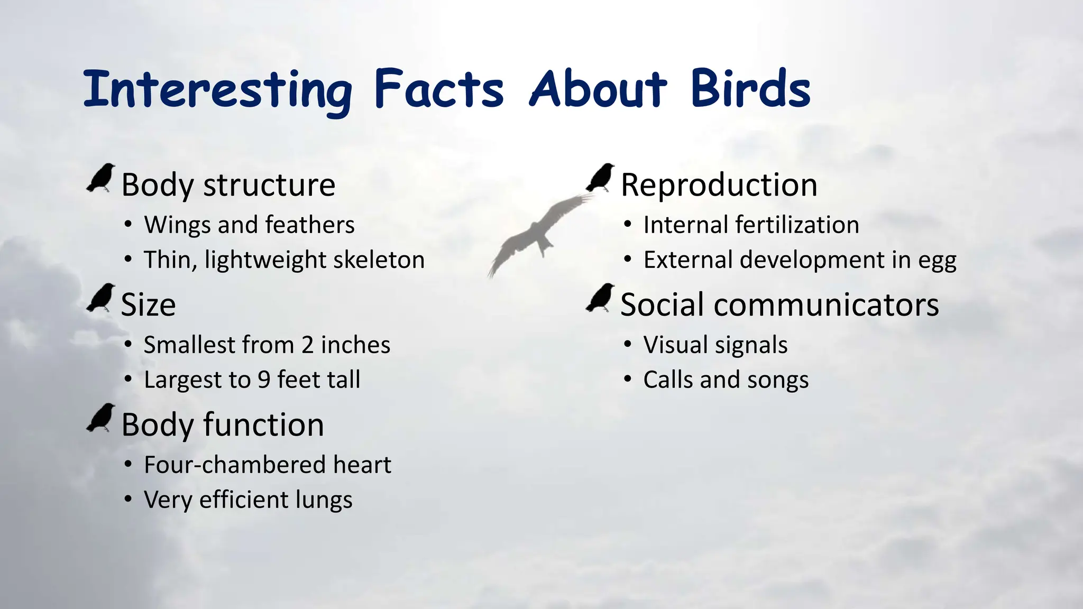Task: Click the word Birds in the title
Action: coord(750,88)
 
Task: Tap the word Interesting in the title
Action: coord(217,90)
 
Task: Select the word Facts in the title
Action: coord(439,88)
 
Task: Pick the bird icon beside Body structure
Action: coord(101,178)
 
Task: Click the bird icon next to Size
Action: coord(101,298)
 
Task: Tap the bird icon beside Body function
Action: coord(101,418)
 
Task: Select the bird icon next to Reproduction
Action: coord(600,178)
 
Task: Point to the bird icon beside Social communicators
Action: coord(600,298)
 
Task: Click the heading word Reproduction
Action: coord(719,185)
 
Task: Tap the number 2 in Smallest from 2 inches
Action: coord(308,345)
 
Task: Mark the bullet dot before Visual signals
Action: coord(627,345)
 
